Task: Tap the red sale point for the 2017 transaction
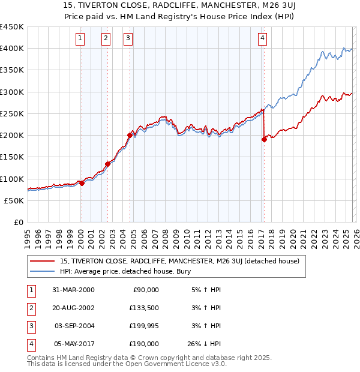click(264, 139)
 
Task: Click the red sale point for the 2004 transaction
click(130, 135)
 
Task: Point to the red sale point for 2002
click(108, 163)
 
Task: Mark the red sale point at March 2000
click(82, 183)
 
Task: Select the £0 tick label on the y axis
click(19, 223)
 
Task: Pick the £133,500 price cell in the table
click(144, 307)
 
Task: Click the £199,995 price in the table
click(144, 326)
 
